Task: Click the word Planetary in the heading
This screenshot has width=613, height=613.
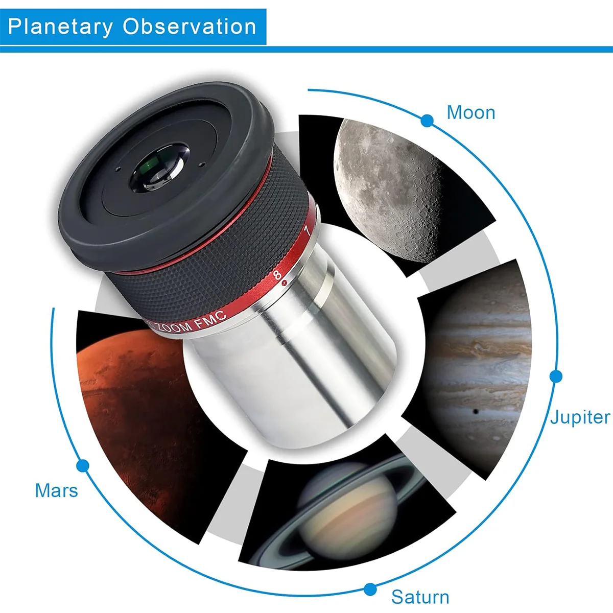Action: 60,27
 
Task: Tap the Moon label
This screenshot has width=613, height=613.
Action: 471,112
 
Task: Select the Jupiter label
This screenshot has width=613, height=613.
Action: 580,418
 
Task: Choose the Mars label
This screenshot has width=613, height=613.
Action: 56,490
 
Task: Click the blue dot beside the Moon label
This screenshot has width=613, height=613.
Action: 427,121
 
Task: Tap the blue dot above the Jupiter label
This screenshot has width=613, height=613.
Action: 556,376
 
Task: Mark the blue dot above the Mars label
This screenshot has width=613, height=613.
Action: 83,466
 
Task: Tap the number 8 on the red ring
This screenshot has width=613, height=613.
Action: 277,275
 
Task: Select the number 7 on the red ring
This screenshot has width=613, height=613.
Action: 308,230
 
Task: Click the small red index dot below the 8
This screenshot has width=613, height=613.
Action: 285,282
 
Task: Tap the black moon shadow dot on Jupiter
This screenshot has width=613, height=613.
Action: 476,412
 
